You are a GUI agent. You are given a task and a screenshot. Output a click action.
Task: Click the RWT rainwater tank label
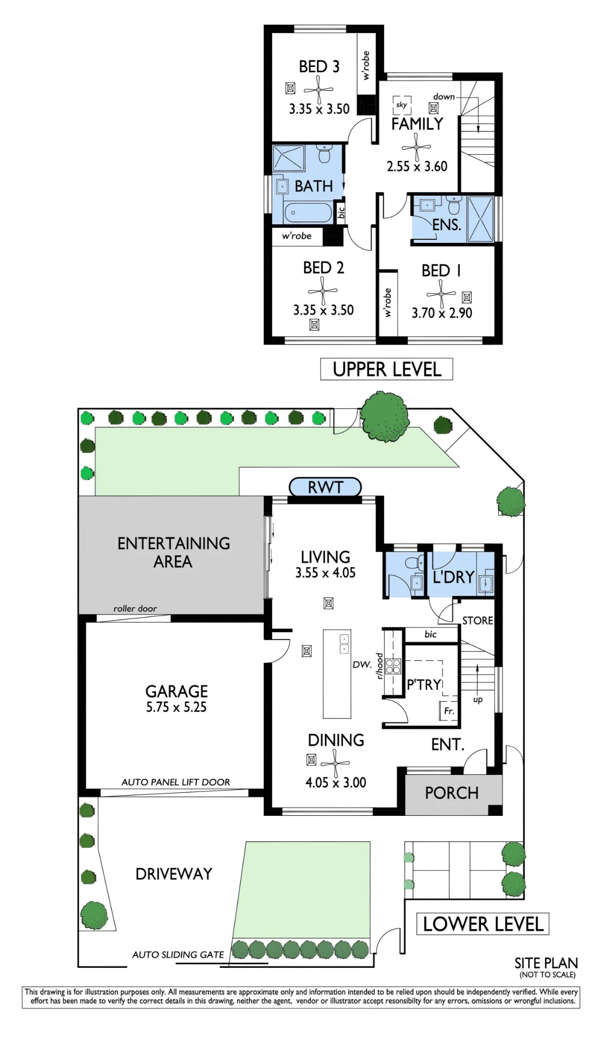pos(325,487)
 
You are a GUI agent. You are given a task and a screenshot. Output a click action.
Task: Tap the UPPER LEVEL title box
pos(387,369)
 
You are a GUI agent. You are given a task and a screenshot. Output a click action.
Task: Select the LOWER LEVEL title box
pos(483,924)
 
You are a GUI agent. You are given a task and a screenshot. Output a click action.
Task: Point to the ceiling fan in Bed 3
pos(318,90)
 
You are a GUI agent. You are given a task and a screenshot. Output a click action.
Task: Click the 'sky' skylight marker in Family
pos(402,105)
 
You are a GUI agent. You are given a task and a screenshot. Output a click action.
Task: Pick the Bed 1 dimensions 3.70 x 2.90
pos(442,313)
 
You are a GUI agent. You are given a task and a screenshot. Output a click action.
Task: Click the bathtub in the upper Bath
pos(308,213)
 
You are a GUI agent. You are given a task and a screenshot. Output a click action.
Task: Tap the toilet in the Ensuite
pos(454,206)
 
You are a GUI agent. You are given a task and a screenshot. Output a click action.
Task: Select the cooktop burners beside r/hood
pos(393,666)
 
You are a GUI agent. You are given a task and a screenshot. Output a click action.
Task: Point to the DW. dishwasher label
pos(362,664)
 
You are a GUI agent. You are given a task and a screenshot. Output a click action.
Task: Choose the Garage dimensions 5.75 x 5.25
pos(176,707)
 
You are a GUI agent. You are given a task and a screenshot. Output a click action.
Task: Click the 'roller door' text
pos(135,608)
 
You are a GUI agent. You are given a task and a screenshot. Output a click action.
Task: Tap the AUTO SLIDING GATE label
pos(178,954)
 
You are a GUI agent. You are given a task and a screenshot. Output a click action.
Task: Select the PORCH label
pos(452,793)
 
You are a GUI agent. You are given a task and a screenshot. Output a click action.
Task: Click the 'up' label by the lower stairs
pos(478,700)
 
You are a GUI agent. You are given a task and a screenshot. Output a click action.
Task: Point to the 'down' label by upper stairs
pos(444,97)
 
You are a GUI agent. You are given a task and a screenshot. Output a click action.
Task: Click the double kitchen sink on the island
pos(344,644)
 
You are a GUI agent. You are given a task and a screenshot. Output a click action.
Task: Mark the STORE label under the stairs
pos(477,621)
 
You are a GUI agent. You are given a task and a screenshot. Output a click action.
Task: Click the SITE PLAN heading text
pos(546,963)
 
